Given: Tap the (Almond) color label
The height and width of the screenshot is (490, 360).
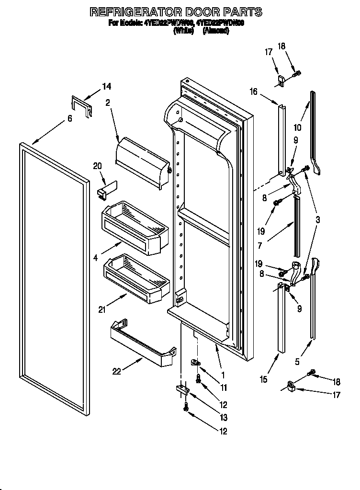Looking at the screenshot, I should point(216,30).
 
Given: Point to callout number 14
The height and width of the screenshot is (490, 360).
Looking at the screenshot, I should point(106,87).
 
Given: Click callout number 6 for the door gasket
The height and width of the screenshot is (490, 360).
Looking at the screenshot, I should point(70,118).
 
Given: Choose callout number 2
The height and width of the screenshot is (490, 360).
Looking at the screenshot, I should point(108,102).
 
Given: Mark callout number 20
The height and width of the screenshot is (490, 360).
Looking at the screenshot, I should point(97,166).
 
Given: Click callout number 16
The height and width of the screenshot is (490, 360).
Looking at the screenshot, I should point(253,91).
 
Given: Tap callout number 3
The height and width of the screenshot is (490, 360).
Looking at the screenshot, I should point(317,219).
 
